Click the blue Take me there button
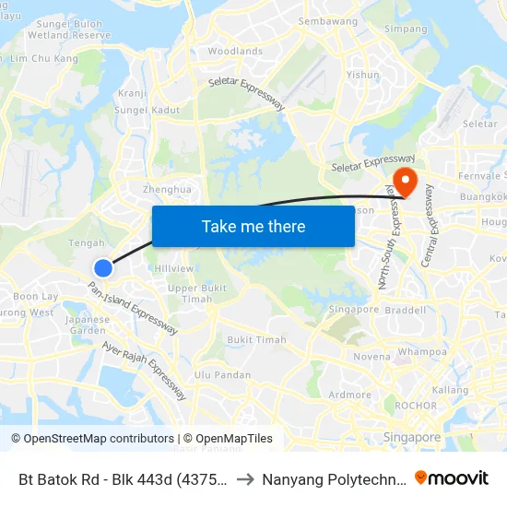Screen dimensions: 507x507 pyautogui.click(x=253, y=226)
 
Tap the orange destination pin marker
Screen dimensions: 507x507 pyautogui.click(x=404, y=178)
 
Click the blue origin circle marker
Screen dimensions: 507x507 pyautogui.click(x=103, y=267)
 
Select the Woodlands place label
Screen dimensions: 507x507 pyautogui.click(x=235, y=52)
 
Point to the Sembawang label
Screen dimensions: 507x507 pyautogui.click(x=327, y=21)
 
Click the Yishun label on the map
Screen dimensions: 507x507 pyautogui.click(x=363, y=75)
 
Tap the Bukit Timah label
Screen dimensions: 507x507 pyautogui.click(x=256, y=340)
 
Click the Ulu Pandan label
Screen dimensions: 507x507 pyautogui.click(x=222, y=374)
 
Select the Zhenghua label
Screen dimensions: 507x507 pyautogui.click(x=167, y=189)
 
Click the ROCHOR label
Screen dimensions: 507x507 pyautogui.click(x=415, y=406)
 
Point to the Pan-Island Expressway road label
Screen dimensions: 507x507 pyautogui.click(x=132, y=308)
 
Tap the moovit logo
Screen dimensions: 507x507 pyautogui.click(x=451, y=478)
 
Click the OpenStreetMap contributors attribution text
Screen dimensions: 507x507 pyautogui.click(x=92, y=439)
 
